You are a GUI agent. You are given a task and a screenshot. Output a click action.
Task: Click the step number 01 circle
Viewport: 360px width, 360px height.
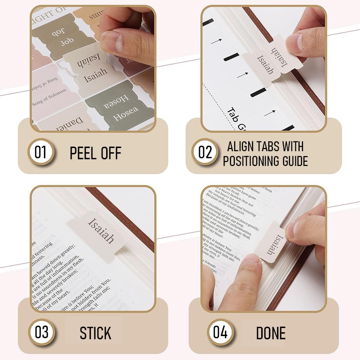(x=40, y=153)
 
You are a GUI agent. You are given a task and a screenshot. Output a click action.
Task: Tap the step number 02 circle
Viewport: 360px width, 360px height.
(x=205, y=153)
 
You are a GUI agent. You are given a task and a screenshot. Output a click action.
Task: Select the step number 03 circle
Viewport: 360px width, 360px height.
(x=41, y=332)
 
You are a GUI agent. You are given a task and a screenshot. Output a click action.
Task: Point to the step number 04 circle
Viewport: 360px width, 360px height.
(x=220, y=332)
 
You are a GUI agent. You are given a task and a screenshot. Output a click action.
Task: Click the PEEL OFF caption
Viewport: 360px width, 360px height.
(x=95, y=154)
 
